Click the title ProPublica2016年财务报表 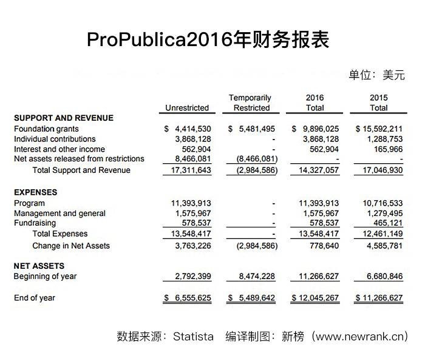coord(208,40)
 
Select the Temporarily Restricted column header coord(250,103)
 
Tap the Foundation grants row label coord(46,129)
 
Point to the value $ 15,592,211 coord(379,129)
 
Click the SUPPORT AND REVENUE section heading coord(64,118)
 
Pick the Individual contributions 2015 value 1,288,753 coord(384,139)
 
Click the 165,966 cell coord(388,149)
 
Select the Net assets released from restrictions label coord(79,159)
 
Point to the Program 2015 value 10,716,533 coord(382,203)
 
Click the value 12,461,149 coord(382,234)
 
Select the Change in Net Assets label coord(71,246)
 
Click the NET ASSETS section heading coord(39,266)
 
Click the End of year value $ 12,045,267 coord(315,298)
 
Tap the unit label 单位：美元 coord(376,75)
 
